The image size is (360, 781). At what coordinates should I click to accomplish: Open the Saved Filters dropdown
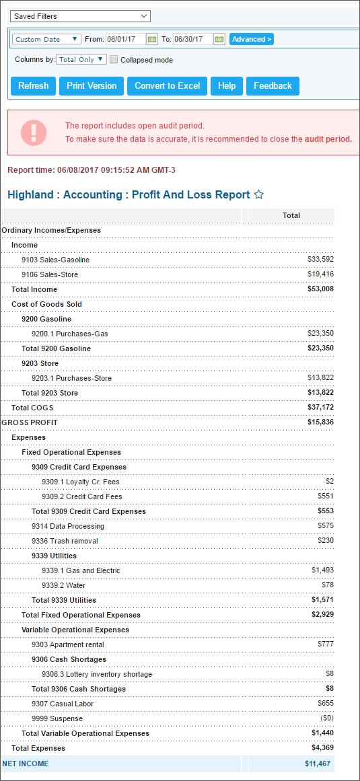[80, 16]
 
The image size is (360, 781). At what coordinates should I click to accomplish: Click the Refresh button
[34, 86]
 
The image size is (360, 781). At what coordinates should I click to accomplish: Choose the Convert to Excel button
[168, 86]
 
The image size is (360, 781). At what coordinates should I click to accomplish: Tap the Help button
[227, 86]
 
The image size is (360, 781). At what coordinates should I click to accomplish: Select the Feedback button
[273, 86]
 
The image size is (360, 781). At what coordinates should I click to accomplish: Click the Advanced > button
[252, 39]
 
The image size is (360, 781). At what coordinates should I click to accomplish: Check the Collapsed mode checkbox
[114, 60]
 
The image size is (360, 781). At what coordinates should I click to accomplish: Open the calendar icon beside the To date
[219, 39]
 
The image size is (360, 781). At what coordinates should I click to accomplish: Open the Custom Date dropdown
[47, 39]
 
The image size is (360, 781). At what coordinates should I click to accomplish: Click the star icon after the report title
[258, 195]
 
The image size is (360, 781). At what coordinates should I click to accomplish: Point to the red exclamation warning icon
[34, 132]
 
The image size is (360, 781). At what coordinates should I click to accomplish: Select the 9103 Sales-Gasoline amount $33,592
[321, 260]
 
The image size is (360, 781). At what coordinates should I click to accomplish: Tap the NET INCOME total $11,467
[319, 763]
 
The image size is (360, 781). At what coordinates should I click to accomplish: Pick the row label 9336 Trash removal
[65, 541]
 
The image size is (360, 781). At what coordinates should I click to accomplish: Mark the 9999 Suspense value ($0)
[326, 718]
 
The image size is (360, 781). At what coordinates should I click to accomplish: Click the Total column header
[291, 216]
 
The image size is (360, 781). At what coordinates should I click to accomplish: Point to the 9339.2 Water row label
[63, 585]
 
